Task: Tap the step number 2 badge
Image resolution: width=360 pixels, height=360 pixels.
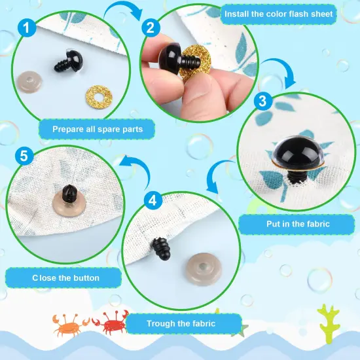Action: [x=151, y=28]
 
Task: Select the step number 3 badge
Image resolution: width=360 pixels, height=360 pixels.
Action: [x=262, y=101]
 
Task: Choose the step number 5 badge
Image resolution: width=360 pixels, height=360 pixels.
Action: [x=23, y=156]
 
